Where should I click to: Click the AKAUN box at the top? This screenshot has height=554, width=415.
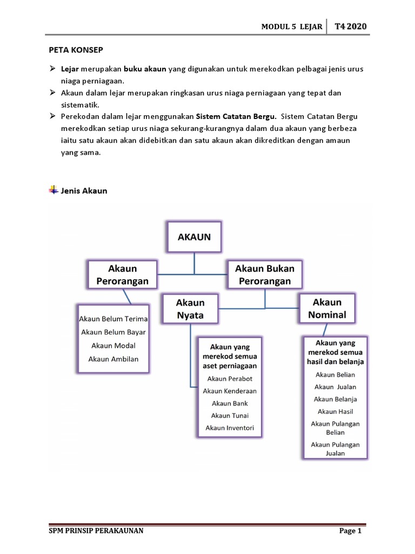194,236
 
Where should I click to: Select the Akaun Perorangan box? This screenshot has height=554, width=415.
123,275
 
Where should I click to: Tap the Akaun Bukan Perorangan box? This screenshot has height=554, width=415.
265,275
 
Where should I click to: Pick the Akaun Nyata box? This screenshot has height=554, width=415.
190,309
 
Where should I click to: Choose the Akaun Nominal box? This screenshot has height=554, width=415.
327,308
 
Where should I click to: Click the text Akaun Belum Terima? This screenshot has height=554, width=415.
113,319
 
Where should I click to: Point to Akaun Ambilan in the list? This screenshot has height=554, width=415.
113,358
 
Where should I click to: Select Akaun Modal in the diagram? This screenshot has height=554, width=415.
113,345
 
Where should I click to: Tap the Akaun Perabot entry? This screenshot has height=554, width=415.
230,378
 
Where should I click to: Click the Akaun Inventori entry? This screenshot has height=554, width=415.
230,428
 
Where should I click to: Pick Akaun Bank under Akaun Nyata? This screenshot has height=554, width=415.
230,403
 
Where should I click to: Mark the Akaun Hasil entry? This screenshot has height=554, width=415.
335,412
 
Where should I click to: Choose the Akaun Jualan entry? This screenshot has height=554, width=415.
335,387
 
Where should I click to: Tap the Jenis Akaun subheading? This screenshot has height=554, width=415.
84,190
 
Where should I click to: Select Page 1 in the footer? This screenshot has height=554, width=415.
350,531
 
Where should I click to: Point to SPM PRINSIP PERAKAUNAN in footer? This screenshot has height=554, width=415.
96,531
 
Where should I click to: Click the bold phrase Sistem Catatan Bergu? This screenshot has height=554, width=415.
236,116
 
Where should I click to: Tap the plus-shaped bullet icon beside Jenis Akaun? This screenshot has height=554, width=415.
53,190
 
